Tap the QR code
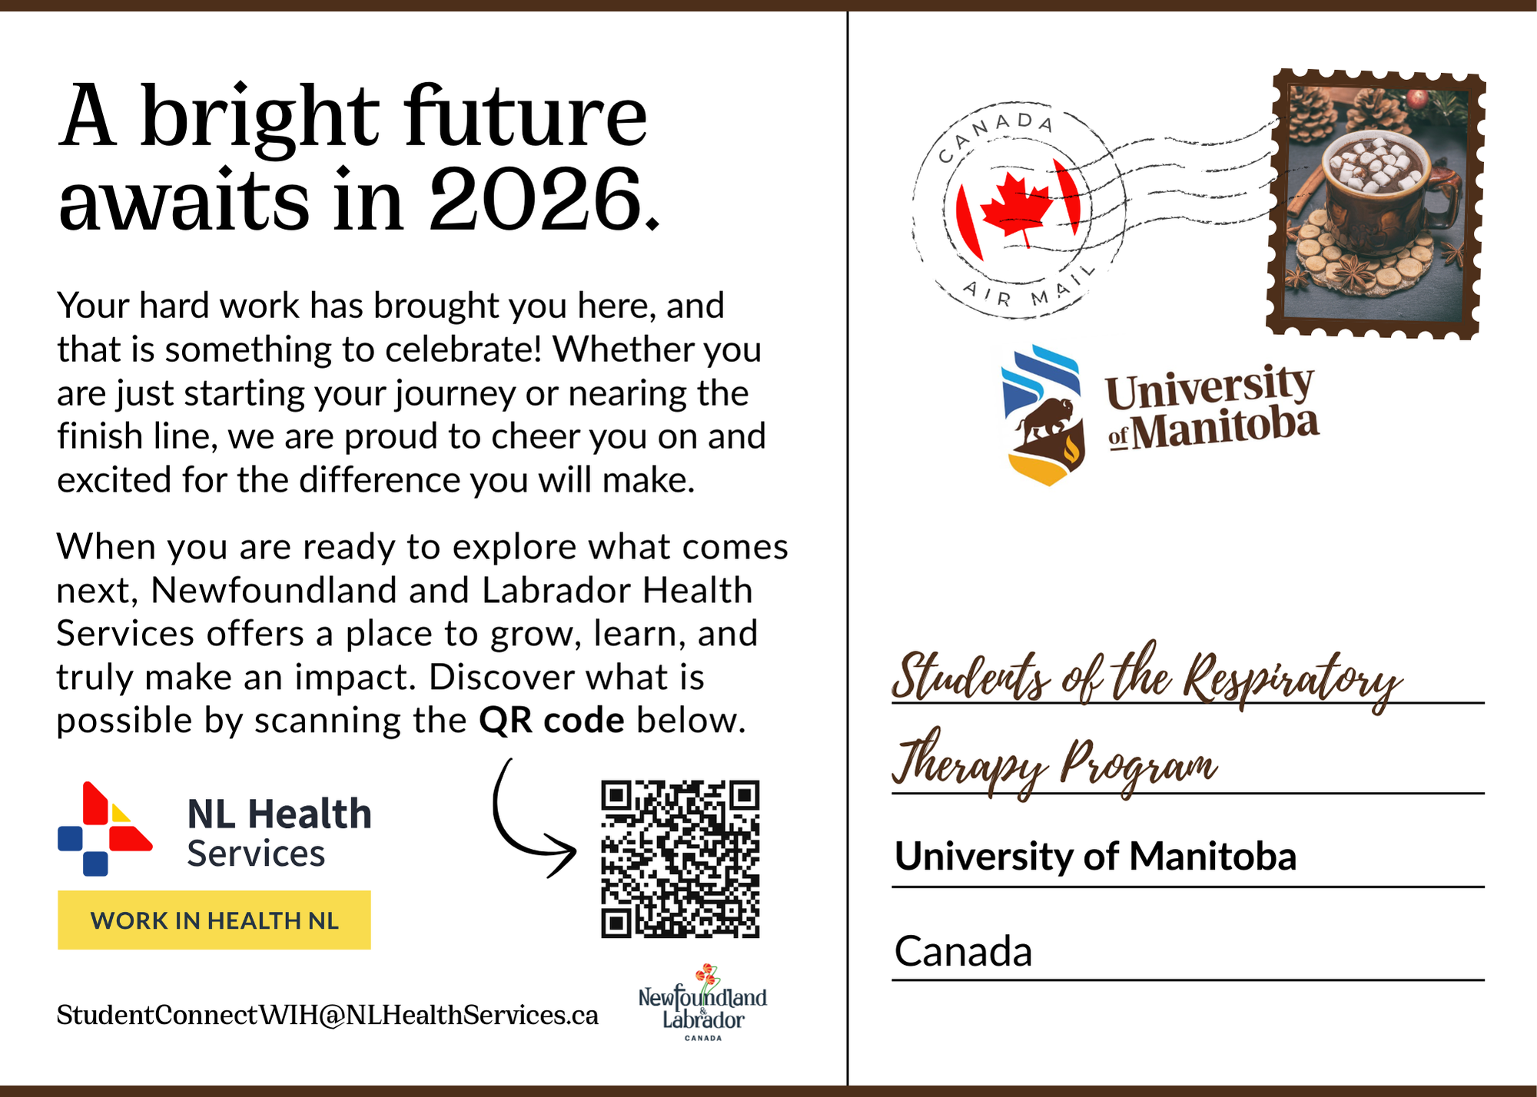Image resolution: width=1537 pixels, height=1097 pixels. (680, 859)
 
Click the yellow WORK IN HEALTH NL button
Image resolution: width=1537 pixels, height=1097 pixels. (214, 920)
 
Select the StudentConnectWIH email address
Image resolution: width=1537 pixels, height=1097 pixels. (327, 1015)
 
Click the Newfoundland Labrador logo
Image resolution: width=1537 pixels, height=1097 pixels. (702, 1003)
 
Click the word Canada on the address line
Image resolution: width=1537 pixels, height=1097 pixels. (963, 951)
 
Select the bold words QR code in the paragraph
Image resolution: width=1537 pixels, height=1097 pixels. (551, 721)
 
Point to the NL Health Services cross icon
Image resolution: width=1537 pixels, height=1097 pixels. (105, 829)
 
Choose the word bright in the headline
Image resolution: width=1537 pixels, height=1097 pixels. (260, 117)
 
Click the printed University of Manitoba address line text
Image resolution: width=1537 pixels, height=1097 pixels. (1095, 856)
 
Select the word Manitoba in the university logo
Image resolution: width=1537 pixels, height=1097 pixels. (1225, 429)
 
